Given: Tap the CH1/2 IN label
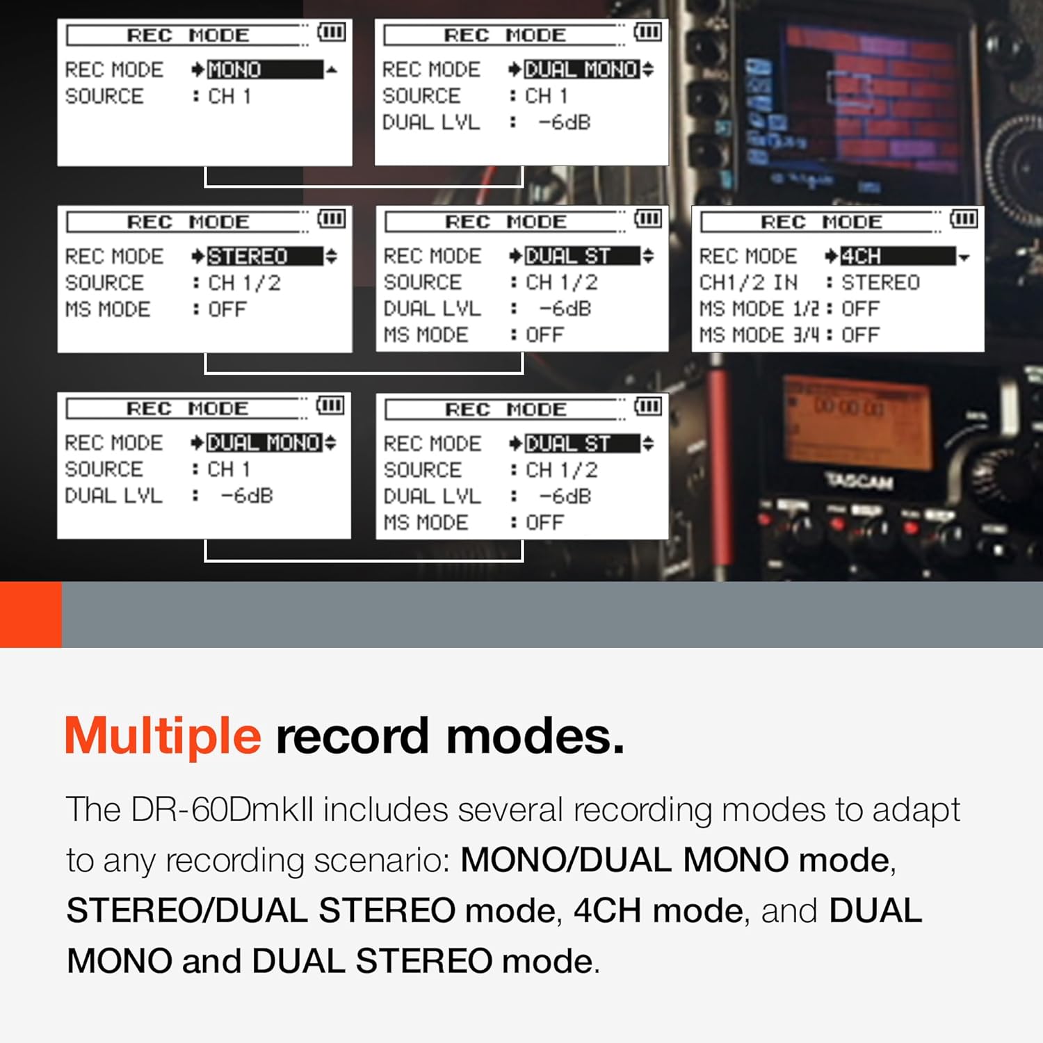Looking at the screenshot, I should coord(748,282).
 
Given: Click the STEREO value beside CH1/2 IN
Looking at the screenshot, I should coord(880,282).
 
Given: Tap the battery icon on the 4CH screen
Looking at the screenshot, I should coord(964,219).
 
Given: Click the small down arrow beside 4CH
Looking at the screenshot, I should coord(964,258).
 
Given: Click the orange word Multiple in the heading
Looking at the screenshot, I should coord(163,736).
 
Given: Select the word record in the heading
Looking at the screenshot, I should coord(352,736).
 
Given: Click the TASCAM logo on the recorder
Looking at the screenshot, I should coord(859,480).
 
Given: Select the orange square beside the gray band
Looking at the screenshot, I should coord(31,615).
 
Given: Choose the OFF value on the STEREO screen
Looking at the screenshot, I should coord(227,309).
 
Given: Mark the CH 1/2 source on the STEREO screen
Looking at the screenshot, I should coord(244,283).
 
